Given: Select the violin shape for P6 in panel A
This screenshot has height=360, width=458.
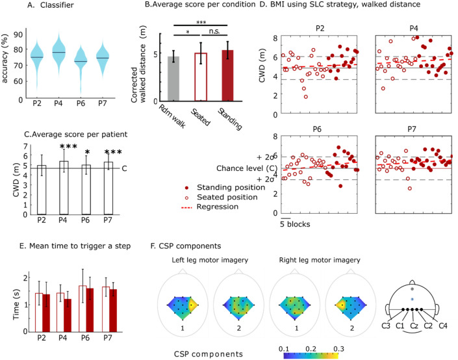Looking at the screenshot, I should pyautogui.click(x=81, y=62).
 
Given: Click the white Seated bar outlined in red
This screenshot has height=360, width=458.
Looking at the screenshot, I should pyautogui.click(x=201, y=77).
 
